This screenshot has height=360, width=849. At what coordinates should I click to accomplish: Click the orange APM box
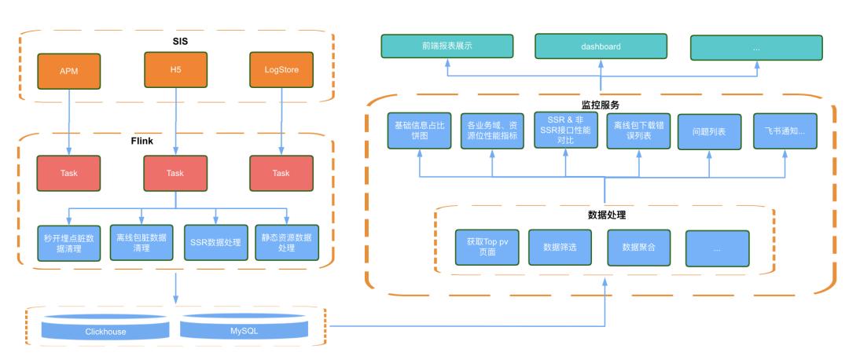(x=70, y=71)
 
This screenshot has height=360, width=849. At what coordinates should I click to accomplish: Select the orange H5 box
(x=175, y=69)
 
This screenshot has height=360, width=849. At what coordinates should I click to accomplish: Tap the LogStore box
(x=281, y=71)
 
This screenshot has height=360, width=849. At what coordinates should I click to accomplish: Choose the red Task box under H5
(x=175, y=173)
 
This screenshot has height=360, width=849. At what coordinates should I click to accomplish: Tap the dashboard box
(x=601, y=46)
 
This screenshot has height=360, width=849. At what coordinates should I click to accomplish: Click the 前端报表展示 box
(x=447, y=46)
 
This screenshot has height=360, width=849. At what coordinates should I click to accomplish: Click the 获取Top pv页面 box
(x=487, y=247)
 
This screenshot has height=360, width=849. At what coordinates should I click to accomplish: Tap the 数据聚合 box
(x=638, y=247)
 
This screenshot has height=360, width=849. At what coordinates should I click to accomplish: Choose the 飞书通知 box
(x=784, y=130)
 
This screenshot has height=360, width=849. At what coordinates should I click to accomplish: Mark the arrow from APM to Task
(x=70, y=122)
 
